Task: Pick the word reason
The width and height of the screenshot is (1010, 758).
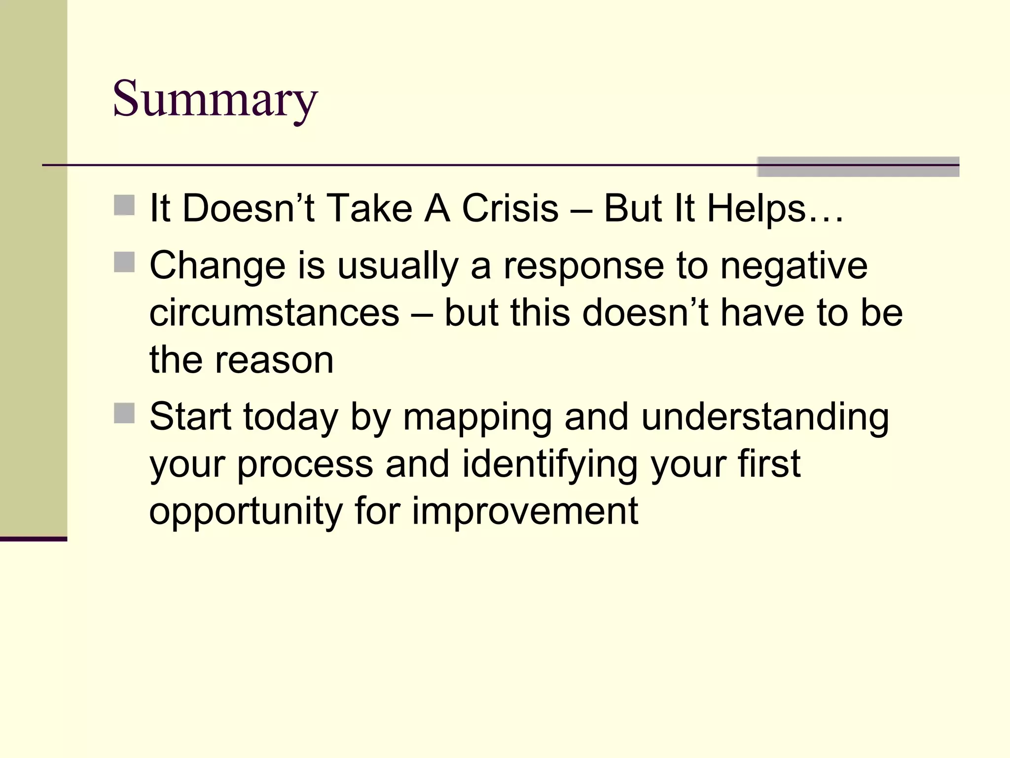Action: [x=274, y=360]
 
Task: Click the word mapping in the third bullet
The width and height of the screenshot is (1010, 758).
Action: [x=477, y=417]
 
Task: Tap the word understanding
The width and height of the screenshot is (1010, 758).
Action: [x=765, y=417]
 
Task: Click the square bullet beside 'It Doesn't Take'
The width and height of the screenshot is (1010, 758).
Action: [x=124, y=205]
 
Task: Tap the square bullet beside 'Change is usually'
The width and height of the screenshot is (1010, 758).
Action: [x=124, y=262]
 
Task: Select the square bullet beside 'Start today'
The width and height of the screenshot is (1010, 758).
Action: [x=124, y=413]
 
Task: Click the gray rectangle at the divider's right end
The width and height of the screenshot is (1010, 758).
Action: [x=858, y=167]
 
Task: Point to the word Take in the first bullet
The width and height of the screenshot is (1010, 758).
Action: [x=369, y=208]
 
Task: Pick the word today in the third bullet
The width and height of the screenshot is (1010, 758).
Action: [x=290, y=417]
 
